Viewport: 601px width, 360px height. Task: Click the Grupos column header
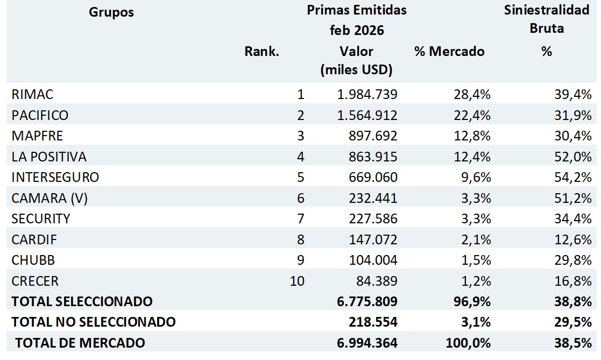(x=111, y=12)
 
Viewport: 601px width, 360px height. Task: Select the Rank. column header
(x=261, y=52)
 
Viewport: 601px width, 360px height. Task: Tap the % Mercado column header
(x=449, y=52)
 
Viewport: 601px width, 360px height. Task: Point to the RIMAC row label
(x=32, y=95)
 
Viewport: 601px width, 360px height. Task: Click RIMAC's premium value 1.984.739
(x=367, y=95)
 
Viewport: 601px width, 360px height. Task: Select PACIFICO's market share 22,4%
(x=471, y=115)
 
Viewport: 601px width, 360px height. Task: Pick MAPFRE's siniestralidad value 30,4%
(x=573, y=136)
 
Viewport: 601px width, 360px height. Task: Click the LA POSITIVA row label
(x=49, y=157)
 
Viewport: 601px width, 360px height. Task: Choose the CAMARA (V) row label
(x=50, y=198)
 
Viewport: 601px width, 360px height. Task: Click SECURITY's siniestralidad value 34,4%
(x=573, y=218)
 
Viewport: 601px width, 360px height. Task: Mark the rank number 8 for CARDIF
(x=300, y=239)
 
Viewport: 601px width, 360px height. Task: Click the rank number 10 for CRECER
(x=297, y=281)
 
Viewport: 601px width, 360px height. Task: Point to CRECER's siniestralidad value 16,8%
(x=573, y=281)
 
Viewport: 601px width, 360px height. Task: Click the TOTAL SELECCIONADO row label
(x=82, y=301)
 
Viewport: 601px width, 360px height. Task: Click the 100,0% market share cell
(x=468, y=343)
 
